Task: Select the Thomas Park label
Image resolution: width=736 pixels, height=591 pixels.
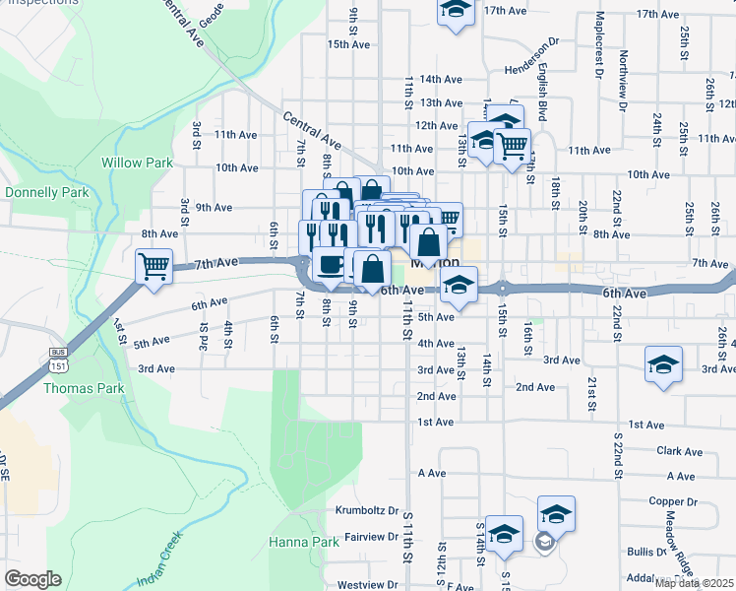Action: (84, 388)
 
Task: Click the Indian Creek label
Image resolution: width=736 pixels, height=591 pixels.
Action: (163, 558)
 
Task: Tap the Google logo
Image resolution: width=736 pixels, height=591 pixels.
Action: (32, 579)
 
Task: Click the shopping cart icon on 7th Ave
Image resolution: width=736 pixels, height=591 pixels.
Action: (154, 266)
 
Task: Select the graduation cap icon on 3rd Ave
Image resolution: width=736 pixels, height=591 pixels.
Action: (664, 363)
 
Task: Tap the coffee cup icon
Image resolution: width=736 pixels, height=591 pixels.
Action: (330, 265)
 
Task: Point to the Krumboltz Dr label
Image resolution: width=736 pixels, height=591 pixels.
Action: (366, 511)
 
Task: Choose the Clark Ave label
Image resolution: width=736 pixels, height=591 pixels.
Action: (680, 452)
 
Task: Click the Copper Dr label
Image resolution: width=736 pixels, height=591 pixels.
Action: (673, 500)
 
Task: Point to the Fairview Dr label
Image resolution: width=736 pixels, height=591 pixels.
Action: (371, 538)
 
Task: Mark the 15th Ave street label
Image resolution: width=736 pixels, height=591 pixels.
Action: (348, 44)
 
